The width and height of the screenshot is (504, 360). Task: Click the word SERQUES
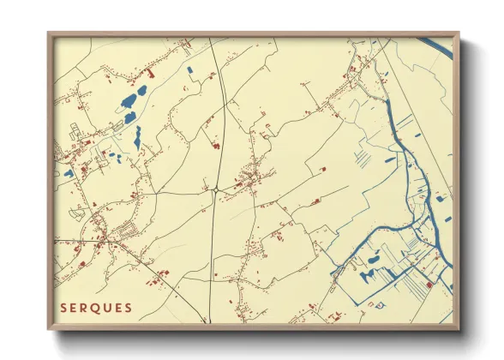click(x=96, y=307)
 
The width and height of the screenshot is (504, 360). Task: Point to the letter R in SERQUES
click(x=86, y=307)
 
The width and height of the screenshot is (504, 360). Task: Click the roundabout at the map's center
click(x=218, y=187)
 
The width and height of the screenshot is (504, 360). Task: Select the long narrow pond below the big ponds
click(x=137, y=135)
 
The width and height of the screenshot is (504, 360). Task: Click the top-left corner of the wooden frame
click(x=49, y=34)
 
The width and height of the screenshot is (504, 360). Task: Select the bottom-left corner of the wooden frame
click(x=49, y=328)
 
